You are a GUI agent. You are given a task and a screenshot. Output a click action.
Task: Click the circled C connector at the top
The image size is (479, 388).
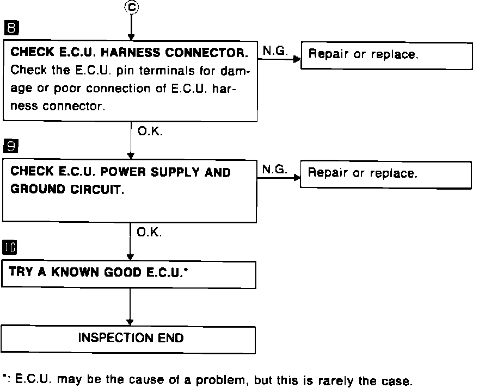point(131,7)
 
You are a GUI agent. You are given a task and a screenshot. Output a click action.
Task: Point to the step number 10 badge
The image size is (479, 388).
point(10,248)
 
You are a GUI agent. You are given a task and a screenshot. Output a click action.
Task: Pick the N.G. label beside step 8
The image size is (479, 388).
point(275,51)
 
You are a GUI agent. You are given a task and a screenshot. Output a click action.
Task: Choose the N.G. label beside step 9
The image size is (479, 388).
point(274,170)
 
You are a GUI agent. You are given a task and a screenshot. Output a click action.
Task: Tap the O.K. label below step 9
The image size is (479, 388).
point(149,233)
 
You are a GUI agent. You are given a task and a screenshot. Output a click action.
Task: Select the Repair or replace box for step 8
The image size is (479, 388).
point(386,55)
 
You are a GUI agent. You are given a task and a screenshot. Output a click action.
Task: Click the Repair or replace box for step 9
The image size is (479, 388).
point(385,174)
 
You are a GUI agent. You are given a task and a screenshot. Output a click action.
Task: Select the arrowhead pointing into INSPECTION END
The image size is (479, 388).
point(130,323)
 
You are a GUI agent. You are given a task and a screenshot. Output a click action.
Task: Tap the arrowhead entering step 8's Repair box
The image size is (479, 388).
point(297,59)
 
